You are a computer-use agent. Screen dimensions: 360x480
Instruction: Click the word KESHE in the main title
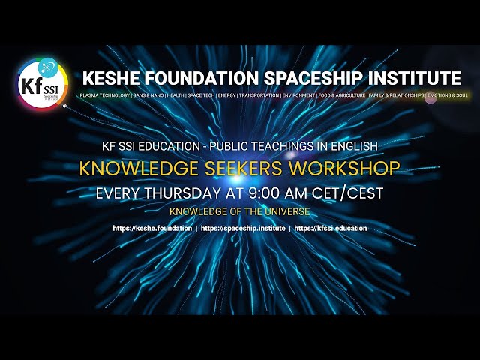(111, 78)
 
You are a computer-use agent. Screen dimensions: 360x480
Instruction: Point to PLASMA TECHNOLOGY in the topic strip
(104, 96)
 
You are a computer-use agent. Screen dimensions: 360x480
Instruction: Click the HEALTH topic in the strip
(176, 96)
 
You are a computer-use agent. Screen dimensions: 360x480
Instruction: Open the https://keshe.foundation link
(152, 228)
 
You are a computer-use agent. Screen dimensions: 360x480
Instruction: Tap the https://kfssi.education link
(331, 228)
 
